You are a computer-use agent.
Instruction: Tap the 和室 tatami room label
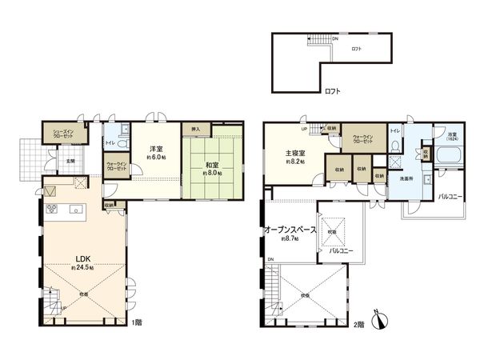[211, 166]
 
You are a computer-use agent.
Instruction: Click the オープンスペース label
[290, 229]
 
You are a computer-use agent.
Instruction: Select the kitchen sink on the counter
[76, 210]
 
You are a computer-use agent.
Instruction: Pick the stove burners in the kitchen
[54, 210]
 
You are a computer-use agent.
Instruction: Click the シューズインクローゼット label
[63, 134]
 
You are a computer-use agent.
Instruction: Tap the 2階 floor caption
[359, 324]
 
